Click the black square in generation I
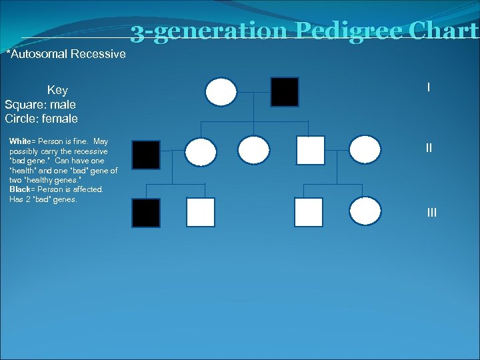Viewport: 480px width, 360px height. pyautogui.click(x=285, y=92)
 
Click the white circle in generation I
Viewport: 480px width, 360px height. pyautogui.click(x=221, y=92)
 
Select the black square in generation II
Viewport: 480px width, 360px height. pyautogui.click(x=146, y=155)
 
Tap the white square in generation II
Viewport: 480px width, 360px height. pyautogui.click(x=311, y=151)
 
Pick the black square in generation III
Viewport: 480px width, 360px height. pyautogui.click(x=146, y=213)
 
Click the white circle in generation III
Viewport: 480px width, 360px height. pyautogui.click(x=365, y=211)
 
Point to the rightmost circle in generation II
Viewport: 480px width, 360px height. pyautogui.click(x=365, y=151)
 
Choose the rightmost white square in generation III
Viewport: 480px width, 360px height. pyautogui.click(x=309, y=212)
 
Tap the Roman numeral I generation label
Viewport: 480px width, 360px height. pyautogui.click(x=428, y=87)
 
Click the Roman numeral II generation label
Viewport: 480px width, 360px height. pyautogui.click(x=429, y=148)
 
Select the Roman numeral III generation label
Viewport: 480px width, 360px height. pyautogui.click(x=432, y=213)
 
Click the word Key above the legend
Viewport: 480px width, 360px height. pyautogui.click(x=57, y=90)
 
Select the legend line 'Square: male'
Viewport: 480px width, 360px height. pyautogui.click(x=40, y=105)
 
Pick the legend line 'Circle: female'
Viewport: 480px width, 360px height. pyautogui.click(x=41, y=119)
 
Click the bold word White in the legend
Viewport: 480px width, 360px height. pyautogui.click(x=21, y=141)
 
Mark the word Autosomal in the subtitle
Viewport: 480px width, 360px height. pyautogui.click(x=39, y=54)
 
